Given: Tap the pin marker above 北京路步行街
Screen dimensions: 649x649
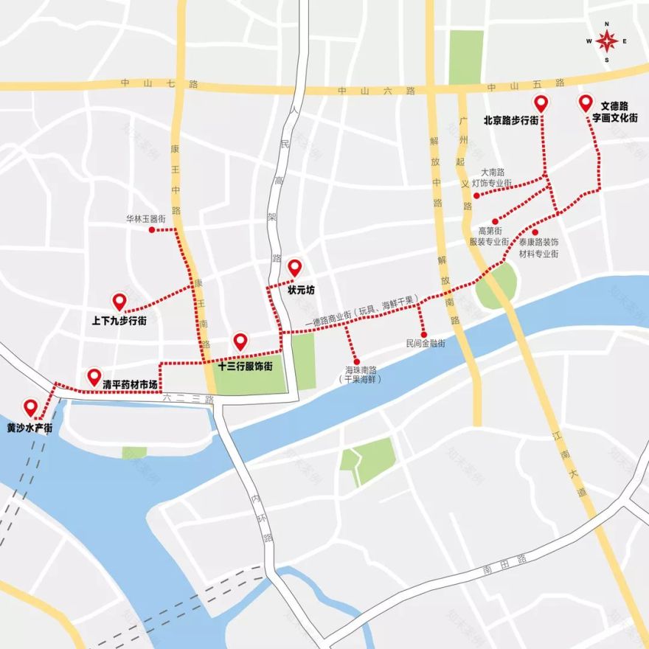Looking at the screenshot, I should tap(541, 104).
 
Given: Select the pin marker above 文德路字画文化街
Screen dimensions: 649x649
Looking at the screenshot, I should tap(586, 103).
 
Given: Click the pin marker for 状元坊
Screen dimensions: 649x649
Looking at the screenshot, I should tap(295, 268).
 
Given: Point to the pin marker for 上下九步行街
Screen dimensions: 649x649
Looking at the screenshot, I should tap(119, 301).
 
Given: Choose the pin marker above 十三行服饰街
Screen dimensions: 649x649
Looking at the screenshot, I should tap(240, 341).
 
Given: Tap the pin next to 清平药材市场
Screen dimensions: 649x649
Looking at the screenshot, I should tap(94, 377).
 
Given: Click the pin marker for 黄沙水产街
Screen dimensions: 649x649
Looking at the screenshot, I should tap(31, 407).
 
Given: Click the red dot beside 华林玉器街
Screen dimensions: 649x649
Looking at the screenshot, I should tap(152, 230).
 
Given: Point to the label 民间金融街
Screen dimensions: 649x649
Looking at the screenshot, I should tap(426, 344).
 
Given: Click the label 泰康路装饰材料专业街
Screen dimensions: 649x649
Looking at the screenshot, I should tap(538, 247).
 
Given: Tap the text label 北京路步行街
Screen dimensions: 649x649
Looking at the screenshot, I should tap(515, 119).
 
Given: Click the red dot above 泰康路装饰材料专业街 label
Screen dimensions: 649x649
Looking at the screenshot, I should tap(535, 232).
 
